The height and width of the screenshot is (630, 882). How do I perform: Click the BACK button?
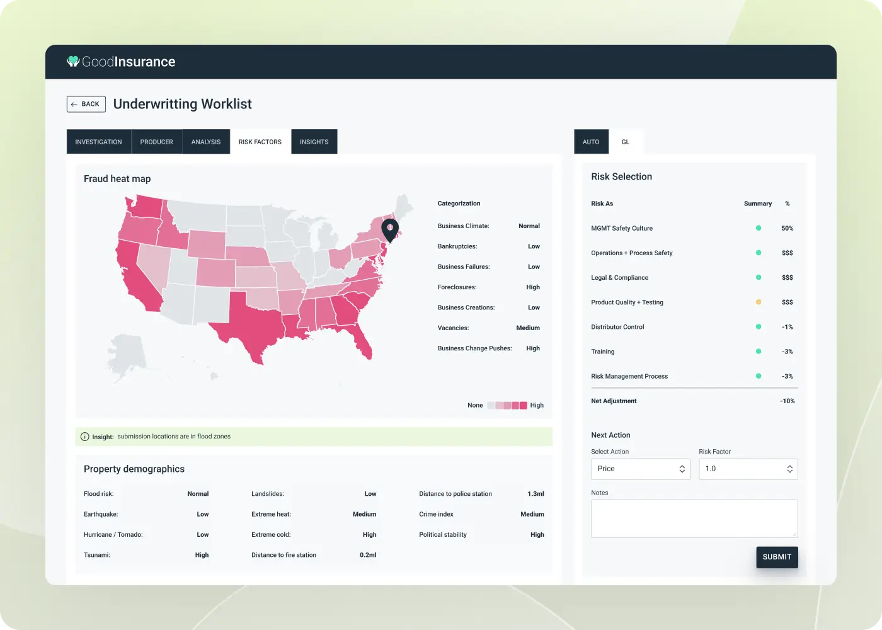86,104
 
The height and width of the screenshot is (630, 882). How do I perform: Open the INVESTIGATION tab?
98,142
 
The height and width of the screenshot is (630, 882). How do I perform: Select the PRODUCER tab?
156,142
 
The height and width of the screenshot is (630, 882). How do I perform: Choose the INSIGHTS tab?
314,142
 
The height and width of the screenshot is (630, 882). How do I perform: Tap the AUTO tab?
591,142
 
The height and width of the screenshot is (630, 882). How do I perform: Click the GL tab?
626,142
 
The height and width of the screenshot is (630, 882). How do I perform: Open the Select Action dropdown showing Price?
640,469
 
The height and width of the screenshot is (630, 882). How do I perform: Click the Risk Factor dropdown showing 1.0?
748,469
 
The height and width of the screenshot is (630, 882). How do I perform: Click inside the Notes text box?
694,518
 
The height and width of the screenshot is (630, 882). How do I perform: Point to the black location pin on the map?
390,230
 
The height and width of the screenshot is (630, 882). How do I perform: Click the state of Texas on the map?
252,321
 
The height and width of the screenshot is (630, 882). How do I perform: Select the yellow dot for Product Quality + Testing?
759,302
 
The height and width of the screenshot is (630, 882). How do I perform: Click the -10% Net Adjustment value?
787,401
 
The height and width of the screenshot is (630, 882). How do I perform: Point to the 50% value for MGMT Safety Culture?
787,229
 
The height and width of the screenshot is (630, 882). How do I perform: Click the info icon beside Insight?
85,437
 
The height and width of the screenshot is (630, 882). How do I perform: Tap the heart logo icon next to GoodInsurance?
73,61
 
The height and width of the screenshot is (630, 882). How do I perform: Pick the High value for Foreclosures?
533,287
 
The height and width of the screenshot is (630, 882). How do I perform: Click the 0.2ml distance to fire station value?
368,555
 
